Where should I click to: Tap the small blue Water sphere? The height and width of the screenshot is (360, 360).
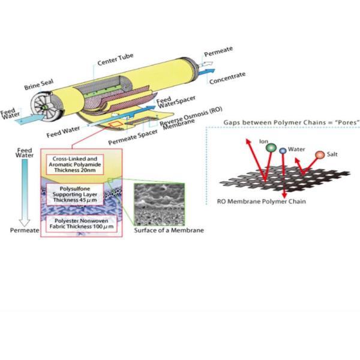point(283,151)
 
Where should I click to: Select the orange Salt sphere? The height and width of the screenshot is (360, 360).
point(319,155)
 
